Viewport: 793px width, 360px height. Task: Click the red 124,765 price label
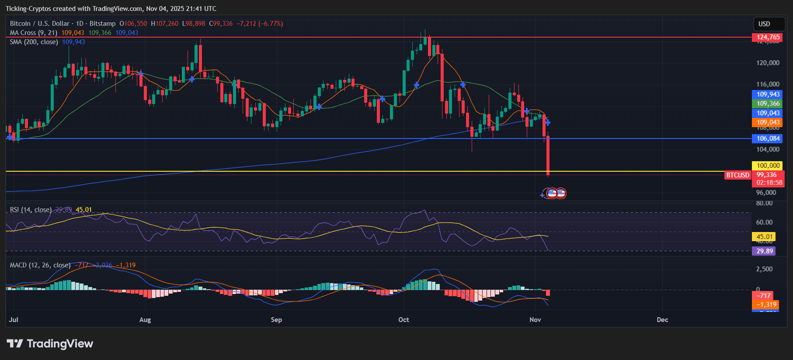tap(768, 37)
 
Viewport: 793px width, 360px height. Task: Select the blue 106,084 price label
tap(768, 138)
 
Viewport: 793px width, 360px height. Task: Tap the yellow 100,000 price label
tap(768, 166)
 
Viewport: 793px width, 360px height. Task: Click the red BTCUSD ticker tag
tap(737, 175)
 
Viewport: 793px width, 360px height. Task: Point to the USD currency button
tap(764, 24)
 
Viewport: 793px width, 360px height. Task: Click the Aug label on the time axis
tap(145, 320)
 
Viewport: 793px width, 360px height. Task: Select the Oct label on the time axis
tap(403, 320)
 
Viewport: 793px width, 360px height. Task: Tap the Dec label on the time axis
tap(662, 320)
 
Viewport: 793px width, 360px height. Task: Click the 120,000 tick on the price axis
tap(768, 63)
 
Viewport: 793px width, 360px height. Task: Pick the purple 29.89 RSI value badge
tap(765, 251)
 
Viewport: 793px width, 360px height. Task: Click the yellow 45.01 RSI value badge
tap(765, 237)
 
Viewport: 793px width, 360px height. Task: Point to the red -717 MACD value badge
tap(764, 296)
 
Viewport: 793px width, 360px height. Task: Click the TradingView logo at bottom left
tap(50, 344)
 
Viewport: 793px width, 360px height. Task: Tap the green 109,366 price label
tap(768, 104)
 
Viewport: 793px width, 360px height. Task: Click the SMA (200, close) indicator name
tap(34, 42)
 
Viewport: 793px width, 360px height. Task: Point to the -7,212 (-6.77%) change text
tap(260, 24)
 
